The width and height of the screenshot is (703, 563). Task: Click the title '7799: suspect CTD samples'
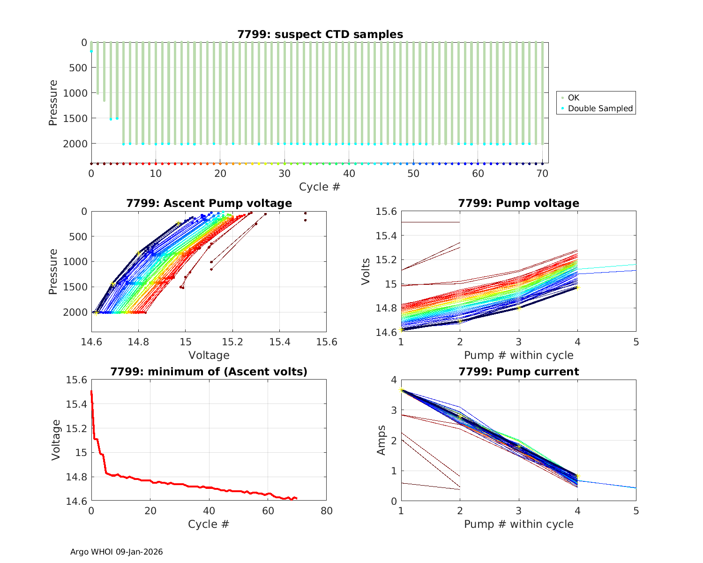[x=320, y=34]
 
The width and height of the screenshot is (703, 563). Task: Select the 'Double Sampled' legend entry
[x=600, y=108]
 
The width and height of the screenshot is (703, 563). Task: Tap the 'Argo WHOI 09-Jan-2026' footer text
[x=116, y=552]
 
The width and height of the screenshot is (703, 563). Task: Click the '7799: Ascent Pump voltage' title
[x=209, y=203]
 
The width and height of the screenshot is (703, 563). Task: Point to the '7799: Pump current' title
[x=518, y=372]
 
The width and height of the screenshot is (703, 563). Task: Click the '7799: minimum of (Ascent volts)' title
[x=209, y=372]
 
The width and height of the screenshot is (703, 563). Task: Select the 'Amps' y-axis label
[x=381, y=440]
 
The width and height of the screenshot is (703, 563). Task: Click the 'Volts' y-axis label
[x=366, y=272]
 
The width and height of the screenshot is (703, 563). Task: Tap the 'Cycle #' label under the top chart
[x=320, y=187]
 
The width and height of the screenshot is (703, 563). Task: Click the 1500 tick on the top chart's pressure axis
[x=75, y=118]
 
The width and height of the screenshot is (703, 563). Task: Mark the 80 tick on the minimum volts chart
[x=326, y=511]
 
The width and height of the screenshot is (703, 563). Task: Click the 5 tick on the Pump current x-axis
[x=636, y=511]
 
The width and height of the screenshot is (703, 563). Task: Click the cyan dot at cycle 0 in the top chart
[x=91, y=51]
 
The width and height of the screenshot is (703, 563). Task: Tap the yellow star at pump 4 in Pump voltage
[x=577, y=287]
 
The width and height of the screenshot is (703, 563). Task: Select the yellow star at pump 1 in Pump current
[x=401, y=389]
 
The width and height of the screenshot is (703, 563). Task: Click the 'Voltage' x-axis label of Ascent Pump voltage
[x=209, y=355]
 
